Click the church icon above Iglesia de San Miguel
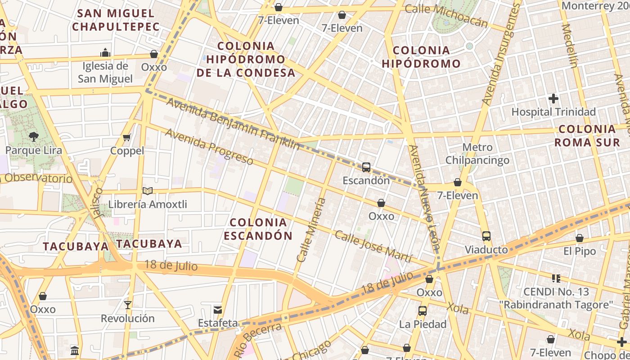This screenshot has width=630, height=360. click(x=105, y=53)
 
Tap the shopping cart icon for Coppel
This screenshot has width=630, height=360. click(x=127, y=137)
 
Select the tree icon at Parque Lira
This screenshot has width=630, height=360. click(x=33, y=136)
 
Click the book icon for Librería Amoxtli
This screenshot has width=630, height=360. click(x=148, y=191)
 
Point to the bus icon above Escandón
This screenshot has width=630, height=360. click(x=366, y=167)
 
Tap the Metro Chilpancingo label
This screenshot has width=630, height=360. click(x=477, y=154)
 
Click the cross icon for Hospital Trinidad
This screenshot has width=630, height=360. click(x=553, y=98)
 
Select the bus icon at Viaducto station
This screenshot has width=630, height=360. click(x=486, y=236)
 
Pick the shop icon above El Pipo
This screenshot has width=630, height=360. click(x=580, y=238)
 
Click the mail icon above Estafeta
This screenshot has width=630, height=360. click(x=218, y=310)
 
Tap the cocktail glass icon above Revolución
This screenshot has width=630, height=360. click(x=128, y=305)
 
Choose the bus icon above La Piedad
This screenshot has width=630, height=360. click(x=422, y=310)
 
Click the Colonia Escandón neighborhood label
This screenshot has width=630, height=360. click(x=258, y=229)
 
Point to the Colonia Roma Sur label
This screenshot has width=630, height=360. click(x=587, y=136)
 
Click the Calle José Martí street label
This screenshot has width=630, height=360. click(x=373, y=247)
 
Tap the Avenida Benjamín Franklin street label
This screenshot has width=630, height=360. click(x=233, y=124)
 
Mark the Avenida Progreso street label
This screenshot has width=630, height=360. click(x=209, y=146)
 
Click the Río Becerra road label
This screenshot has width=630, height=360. click(x=258, y=340)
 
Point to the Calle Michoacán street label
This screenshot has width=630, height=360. click(x=446, y=15)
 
